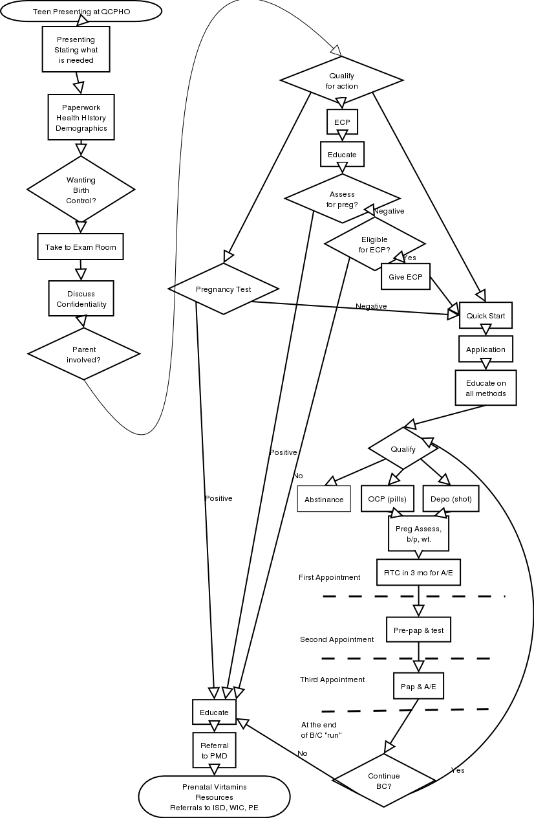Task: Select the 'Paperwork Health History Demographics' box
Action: (x=81, y=118)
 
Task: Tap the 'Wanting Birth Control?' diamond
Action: (x=81, y=190)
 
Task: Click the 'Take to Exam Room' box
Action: (x=80, y=247)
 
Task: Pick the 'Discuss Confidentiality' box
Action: (x=81, y=299)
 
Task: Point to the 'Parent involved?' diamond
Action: (x=84, y=354)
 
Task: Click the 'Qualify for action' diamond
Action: (x=341, y=81)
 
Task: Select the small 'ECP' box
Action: (x=342, y=122)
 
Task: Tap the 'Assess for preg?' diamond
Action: (x=342, y=199)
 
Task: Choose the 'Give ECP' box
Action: (x=405, y=277)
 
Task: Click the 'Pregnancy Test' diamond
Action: (x=223, y=289)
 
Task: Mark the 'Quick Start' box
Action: (x=486, y=316)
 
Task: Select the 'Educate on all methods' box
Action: (x=486, y=388)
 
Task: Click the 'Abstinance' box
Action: (x=324, y=499)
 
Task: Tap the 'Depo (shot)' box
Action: (x=451, y=499)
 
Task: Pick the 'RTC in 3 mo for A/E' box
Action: (x=418, y=572)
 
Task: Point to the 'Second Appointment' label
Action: (x=337, y=639)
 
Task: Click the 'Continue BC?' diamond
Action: (x=384, y=780)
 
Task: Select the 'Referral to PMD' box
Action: (x=214, y=750)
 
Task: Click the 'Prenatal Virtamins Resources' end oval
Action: (x=214, y=797)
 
